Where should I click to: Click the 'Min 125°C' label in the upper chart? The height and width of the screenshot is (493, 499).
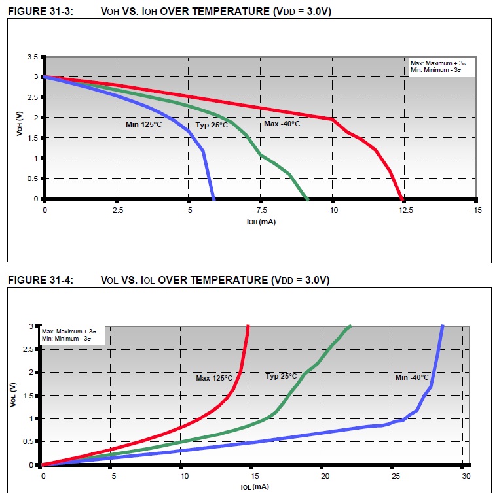[x=143, y=124]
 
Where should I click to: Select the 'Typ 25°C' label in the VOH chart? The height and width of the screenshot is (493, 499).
[x=212, y=125]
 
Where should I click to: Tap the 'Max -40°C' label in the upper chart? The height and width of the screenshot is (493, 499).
[x=282, y=124]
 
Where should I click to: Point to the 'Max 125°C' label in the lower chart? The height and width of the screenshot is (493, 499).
[x=214, y=378]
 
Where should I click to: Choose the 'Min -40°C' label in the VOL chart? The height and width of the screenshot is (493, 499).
[x=412, y=377]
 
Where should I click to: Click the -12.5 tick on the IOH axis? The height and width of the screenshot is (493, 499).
[x=405, y=210]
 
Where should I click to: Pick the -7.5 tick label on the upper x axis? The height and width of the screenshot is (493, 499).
[x=261, y=210]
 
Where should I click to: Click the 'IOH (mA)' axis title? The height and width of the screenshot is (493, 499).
[x=261, y=222]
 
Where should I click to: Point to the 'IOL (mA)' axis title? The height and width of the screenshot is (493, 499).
[x=254, y=486]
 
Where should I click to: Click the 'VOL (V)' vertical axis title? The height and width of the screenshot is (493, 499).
[x=13, y=396]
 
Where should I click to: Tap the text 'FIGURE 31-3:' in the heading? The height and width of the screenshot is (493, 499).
[x=37, y=10]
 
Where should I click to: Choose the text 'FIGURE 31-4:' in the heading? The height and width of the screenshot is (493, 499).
[x=37, y=280]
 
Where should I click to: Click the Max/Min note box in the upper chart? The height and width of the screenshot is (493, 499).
[x=435, y=67]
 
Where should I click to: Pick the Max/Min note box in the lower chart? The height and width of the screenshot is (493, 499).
[x=73, y=335]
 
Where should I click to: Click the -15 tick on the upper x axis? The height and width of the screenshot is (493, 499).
[x=476, y=210]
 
